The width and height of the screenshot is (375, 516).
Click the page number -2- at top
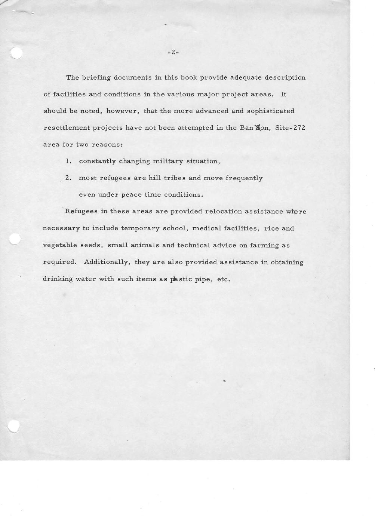pyautogui.click(x=173, y=53)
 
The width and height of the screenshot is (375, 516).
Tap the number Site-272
pyautogui.click(x=290, y=128)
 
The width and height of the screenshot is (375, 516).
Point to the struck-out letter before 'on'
pyautogui.click(x=257, y=128)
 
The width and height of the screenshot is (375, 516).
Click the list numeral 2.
pyautogui.click(x=68, y=178)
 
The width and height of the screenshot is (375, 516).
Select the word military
pyautogui.click(x=168, y=162)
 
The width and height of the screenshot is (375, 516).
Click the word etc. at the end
pyautogui.click(x=223, y=279)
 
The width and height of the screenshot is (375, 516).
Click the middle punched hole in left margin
pyautogui.click(x=15, y=239)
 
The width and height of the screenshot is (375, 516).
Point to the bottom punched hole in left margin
pyautogui.click(x=14, y=426)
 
